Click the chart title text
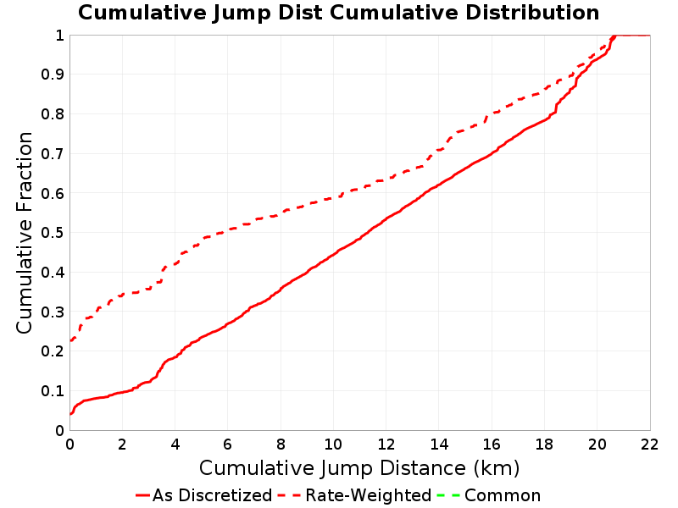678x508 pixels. click(x=338, y=13)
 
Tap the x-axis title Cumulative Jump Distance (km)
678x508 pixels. click(x=359, y=468)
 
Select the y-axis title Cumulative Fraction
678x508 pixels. click(x=25, y=232)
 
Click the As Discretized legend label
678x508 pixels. click(x=213, y=495)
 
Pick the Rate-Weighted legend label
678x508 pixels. click(x=369, y=495)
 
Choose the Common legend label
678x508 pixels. click(x=503, y=495)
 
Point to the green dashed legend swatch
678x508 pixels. click(x=448, y=495)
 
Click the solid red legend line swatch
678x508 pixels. click(x=142, y=495)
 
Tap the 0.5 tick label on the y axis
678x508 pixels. click(x=53, y=233)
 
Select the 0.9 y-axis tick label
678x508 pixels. click(x=53, y=75)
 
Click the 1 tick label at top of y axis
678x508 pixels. click(x=59, y=36)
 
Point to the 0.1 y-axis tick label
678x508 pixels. click(x=53, y=391)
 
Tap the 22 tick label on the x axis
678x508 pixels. click(x=650, y=444)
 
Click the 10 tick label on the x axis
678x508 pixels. click(x=333, y=444)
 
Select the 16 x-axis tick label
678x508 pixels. click(x=492, y=444)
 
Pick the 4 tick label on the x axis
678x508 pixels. click(x=175, y=444)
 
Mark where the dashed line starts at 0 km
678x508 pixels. click(x=70, y=341)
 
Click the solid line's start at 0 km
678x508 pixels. click(x=70, y=414)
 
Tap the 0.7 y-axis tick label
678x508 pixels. click(x=53, y=154)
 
